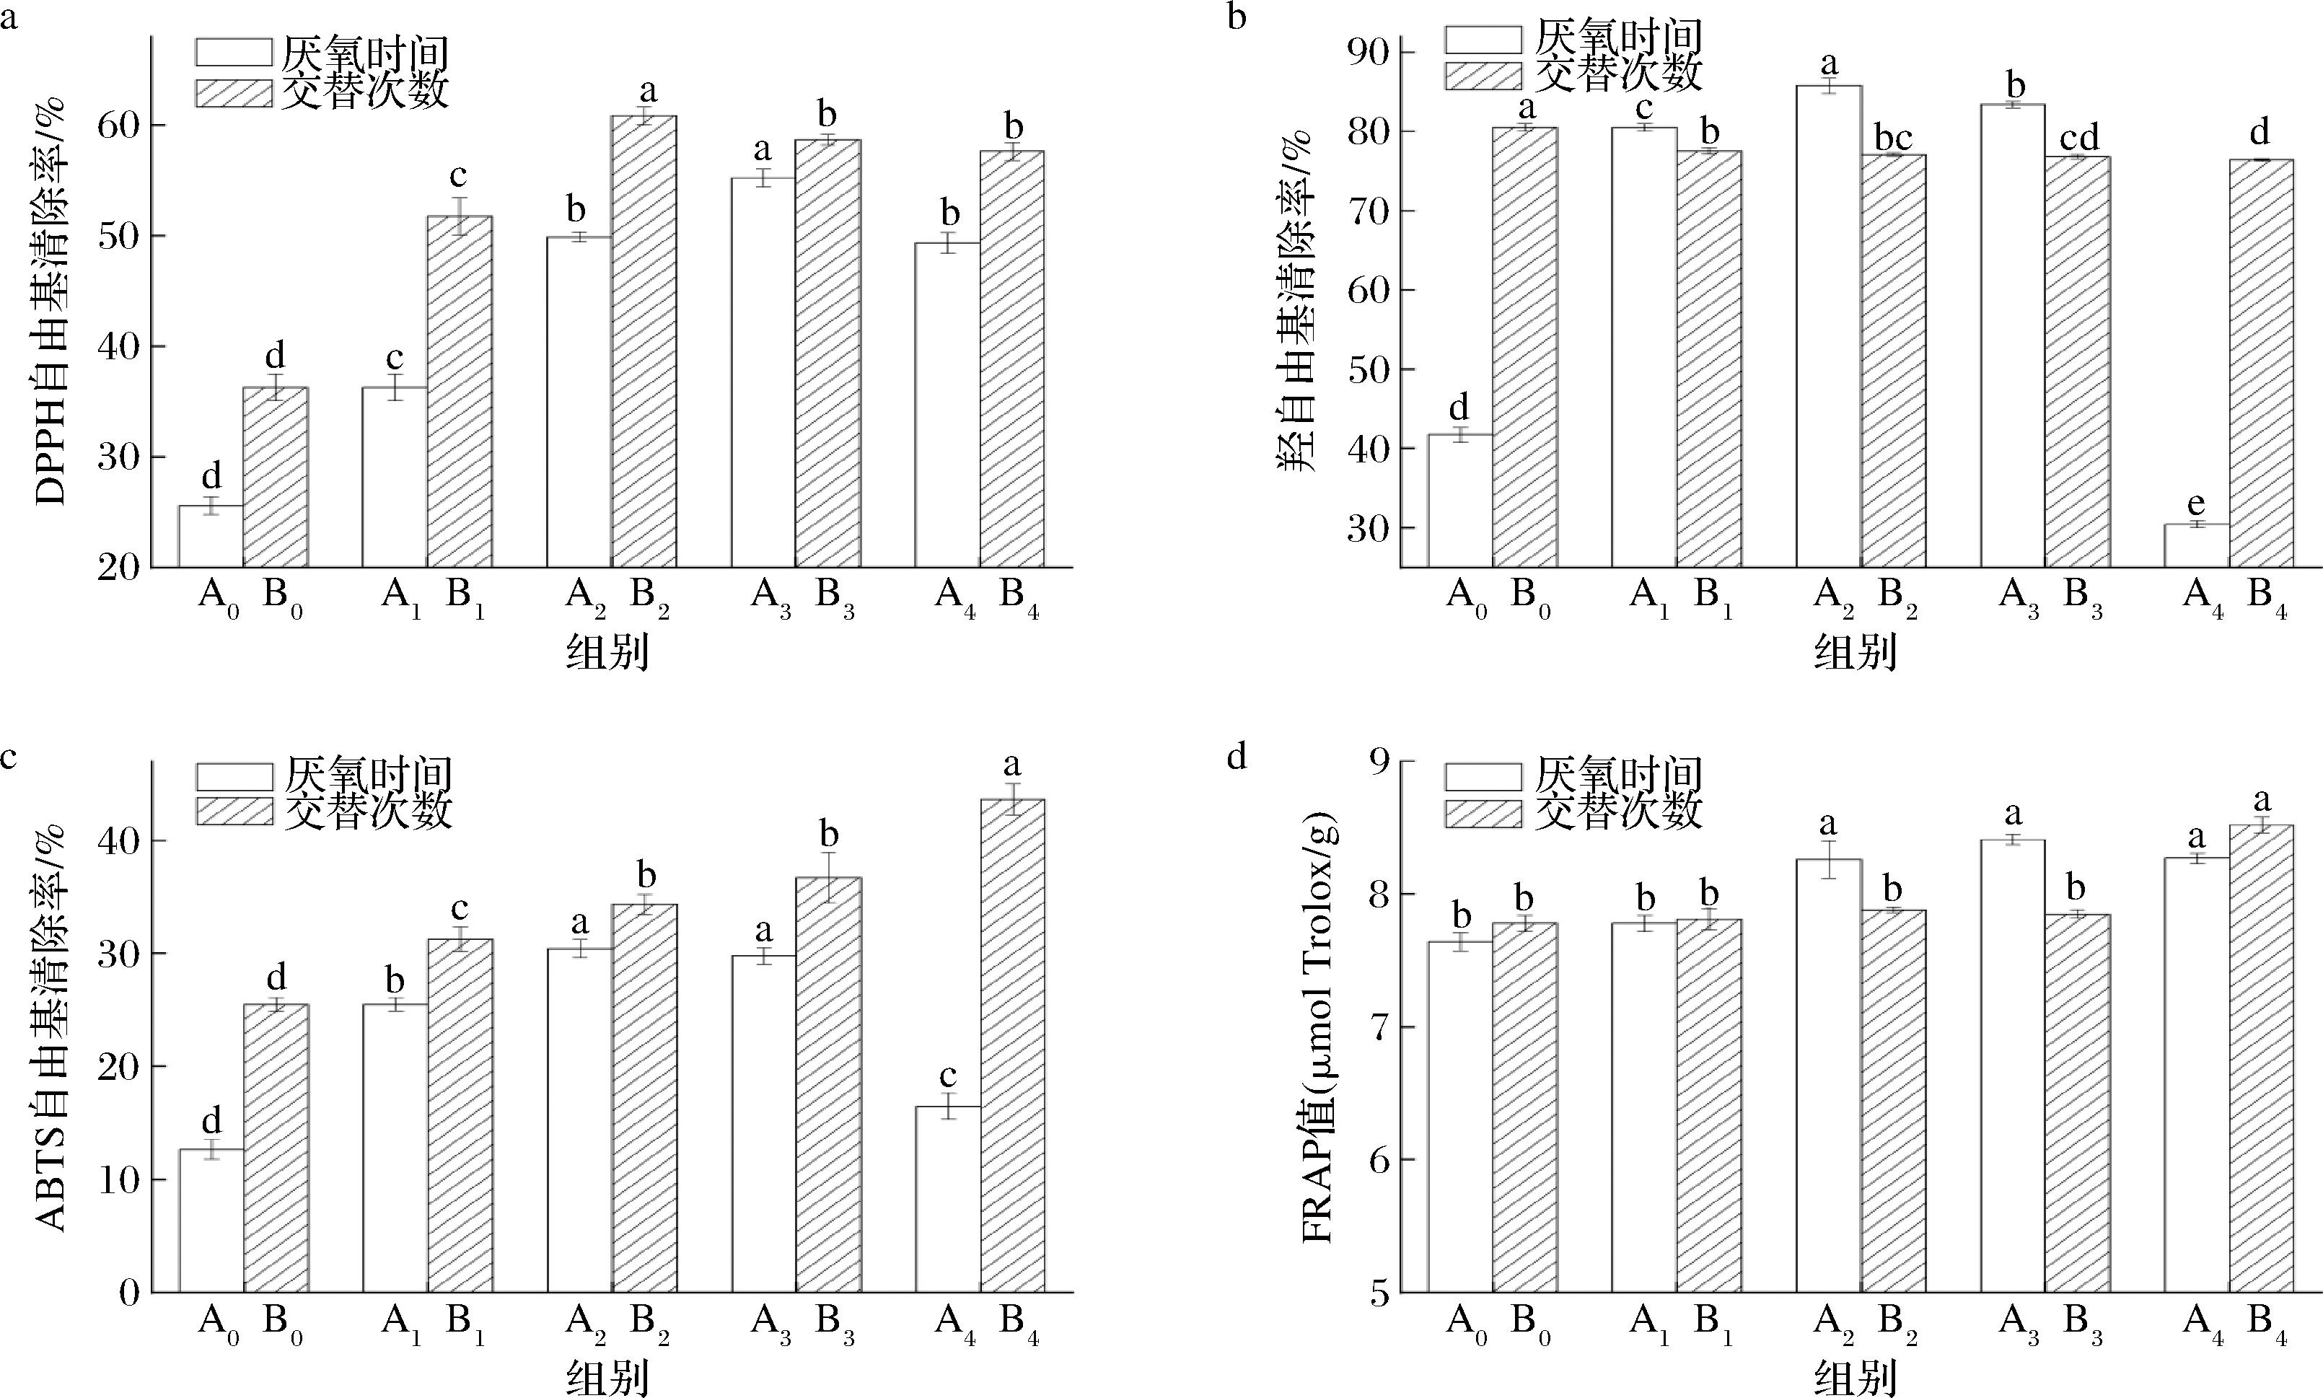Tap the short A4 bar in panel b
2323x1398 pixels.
(x=2196, y=545)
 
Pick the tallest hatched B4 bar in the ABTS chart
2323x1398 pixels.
(x=1013, y=1046)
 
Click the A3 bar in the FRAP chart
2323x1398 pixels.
(x=2012, y=1065)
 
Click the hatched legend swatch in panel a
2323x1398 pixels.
(x=234, y=93)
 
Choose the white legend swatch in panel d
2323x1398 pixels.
(x=1483, y=776)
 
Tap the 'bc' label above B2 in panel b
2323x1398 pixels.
(x=1894, y=139)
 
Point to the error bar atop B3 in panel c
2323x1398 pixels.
(x=829, y=877)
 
